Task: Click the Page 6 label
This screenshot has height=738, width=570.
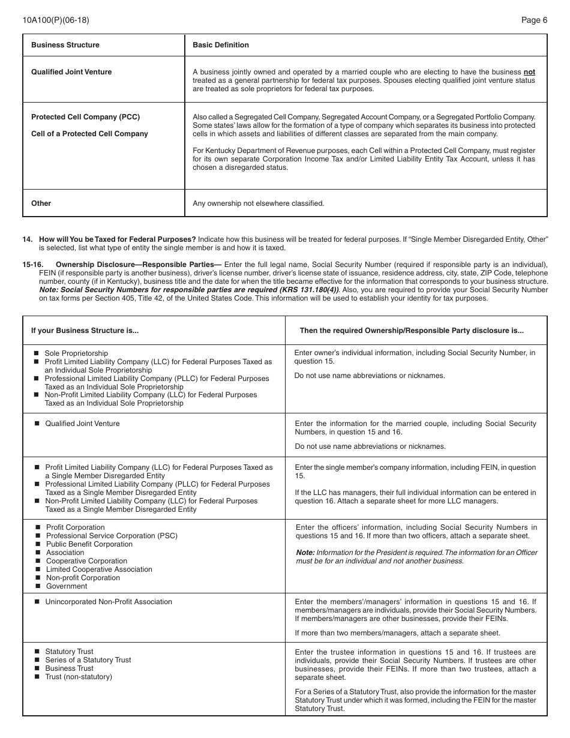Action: tap(534, 20)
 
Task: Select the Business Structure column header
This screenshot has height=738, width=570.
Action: tap(65, 45)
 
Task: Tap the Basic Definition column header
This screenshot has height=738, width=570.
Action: tap(220, 45)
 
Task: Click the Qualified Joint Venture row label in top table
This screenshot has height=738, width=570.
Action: tap(71, 72)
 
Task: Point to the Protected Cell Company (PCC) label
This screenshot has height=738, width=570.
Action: tap(85, 117)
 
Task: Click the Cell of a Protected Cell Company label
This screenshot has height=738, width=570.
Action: tap(89, 134)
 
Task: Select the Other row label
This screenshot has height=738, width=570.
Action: tap(41, 203)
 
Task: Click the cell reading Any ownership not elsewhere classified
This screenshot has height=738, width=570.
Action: tap(258, 203)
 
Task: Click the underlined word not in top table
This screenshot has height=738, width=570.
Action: tap(529, 72)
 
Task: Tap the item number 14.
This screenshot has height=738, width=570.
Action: tap(27, 239)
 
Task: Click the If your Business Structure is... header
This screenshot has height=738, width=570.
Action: tap(85, 331)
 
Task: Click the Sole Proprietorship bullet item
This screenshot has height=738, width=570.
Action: tap(76, 353)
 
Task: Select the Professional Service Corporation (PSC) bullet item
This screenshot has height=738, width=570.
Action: tap(112, 536)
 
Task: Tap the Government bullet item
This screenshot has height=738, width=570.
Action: tap(66, 586)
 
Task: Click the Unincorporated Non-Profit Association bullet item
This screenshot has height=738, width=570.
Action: tap(108, 602)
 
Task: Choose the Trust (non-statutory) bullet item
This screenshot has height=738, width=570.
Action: tap(78, 677)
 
